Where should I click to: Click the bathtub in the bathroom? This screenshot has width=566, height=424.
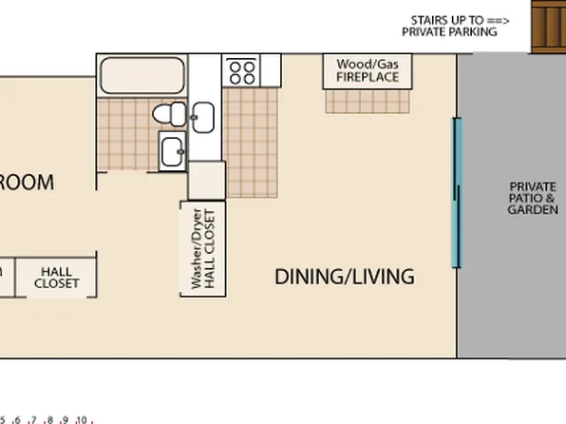click(x=142, y=73)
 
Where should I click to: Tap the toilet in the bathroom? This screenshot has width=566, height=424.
click(x=168, y=114)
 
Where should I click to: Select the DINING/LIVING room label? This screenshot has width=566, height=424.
click(x=344, y=277)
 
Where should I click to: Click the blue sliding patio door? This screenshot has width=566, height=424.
click(x=457, y=193)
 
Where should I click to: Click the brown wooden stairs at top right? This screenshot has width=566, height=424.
click(x=548, y=26)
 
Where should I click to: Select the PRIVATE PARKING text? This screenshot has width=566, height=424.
click(x=449, y=31)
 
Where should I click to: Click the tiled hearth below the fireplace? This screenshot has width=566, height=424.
click(x=368, y=101)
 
